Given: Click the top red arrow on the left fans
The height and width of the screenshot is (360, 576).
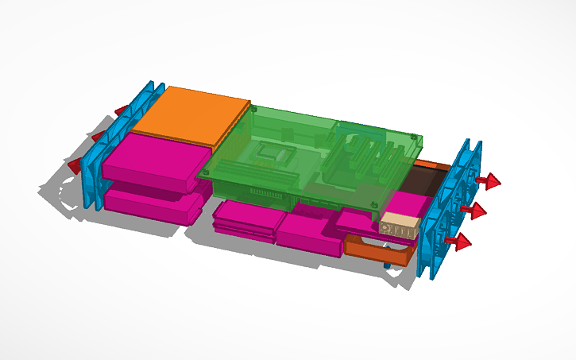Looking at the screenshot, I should coord(121,110).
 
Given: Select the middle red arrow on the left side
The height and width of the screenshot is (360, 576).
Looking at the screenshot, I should coord(99,137).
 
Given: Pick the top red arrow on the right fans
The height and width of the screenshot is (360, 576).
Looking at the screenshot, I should coord(490,182).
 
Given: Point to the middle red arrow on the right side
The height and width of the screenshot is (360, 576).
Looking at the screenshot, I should coord(477,211).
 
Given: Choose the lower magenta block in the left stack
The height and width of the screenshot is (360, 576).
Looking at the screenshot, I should coord(156,203).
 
